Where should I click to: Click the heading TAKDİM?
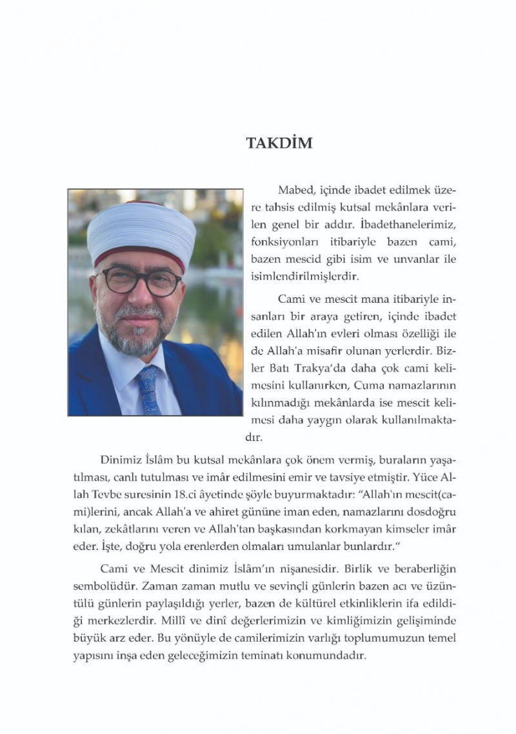[x=279, y=143]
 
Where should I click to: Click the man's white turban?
[x=142, y=229]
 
